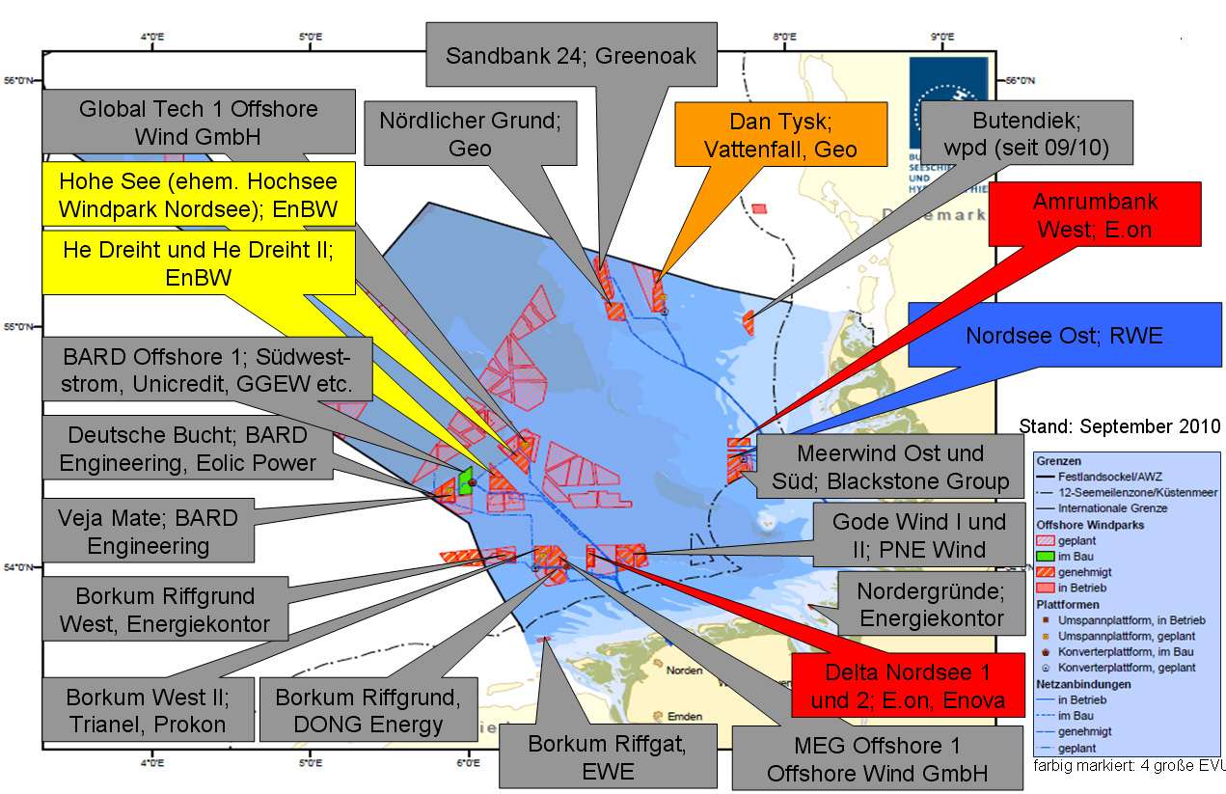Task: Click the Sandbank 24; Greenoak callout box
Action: [x=570, y=56]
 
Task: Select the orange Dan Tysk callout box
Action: [x=780, y=136]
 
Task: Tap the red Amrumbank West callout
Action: [x=1095, y=214]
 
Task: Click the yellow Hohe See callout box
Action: [x=199, y=197]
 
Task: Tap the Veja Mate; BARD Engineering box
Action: [x=149, y=532]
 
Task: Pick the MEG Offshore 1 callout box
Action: [x=877, y=758]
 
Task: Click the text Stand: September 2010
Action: [x=1119, y=426]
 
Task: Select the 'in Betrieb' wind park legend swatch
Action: [x=1047, y=588]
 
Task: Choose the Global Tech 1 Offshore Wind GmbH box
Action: [x=198, y=123]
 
